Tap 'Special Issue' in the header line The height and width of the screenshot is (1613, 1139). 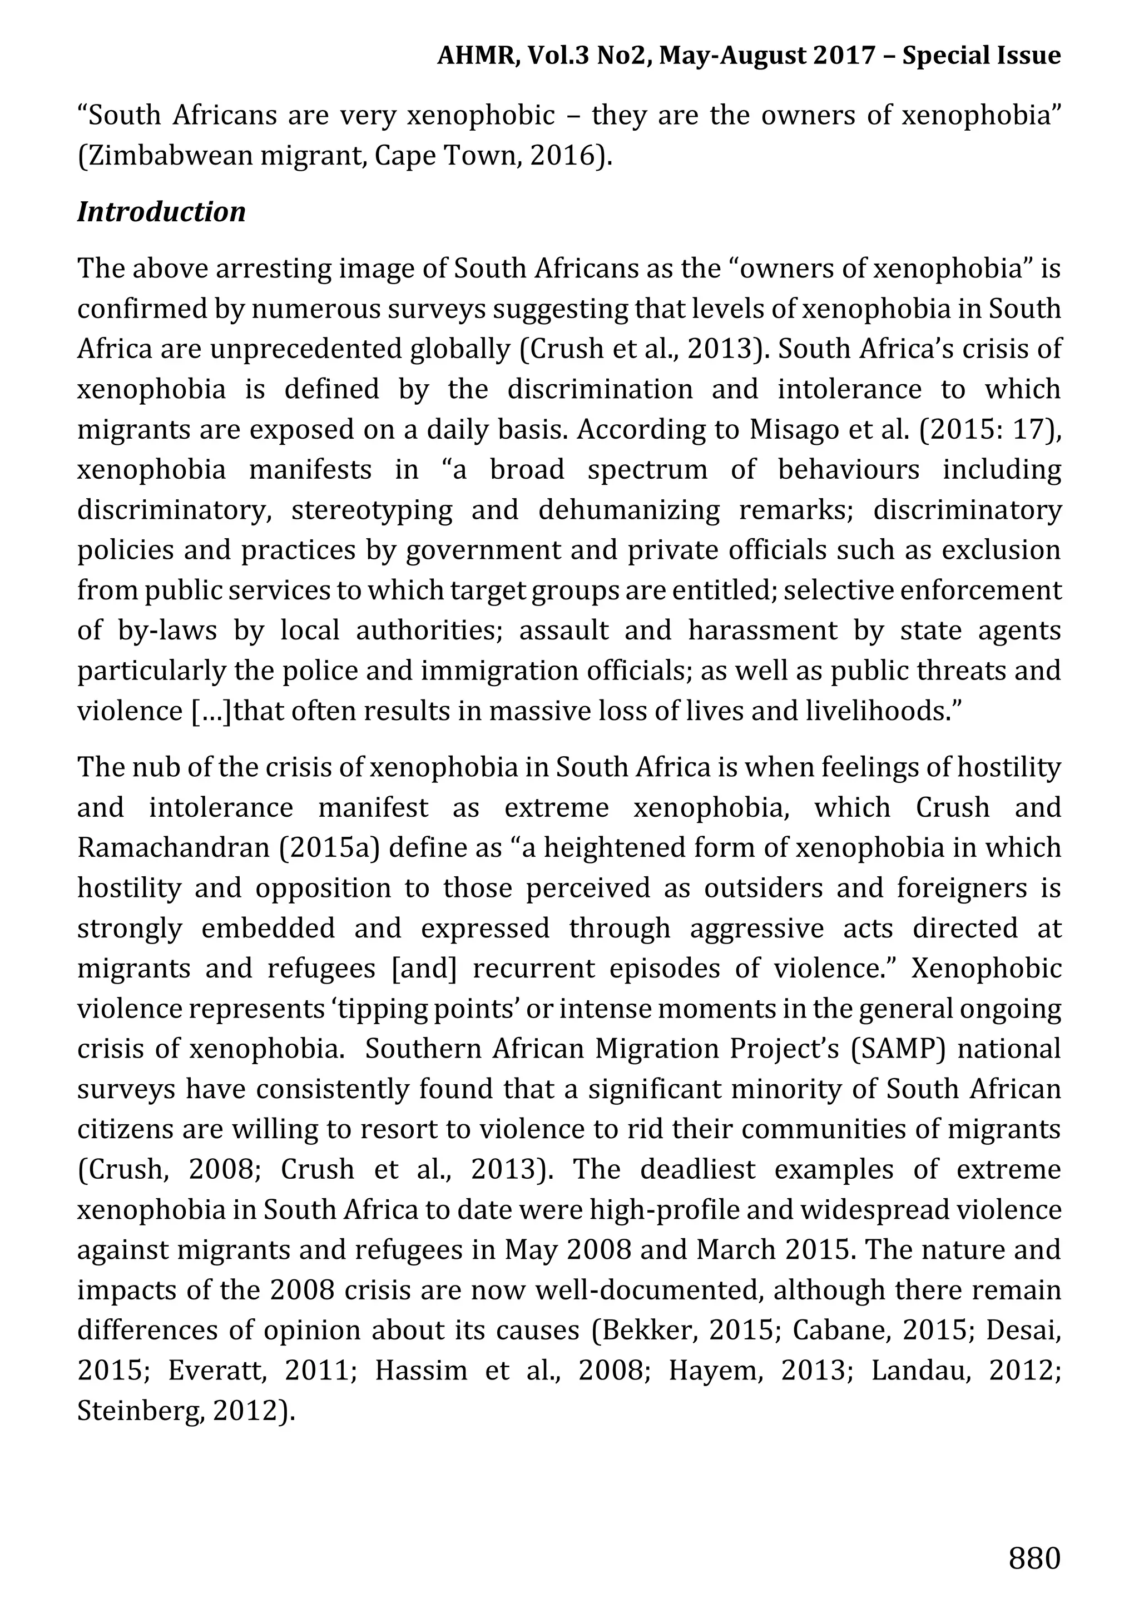(x=981, y=55)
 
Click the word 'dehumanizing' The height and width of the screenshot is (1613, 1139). (x=629, y=510)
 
